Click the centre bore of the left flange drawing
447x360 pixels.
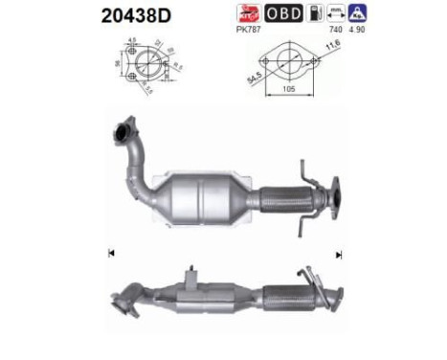click(142, 67)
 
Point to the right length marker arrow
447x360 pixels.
click(338, 255)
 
